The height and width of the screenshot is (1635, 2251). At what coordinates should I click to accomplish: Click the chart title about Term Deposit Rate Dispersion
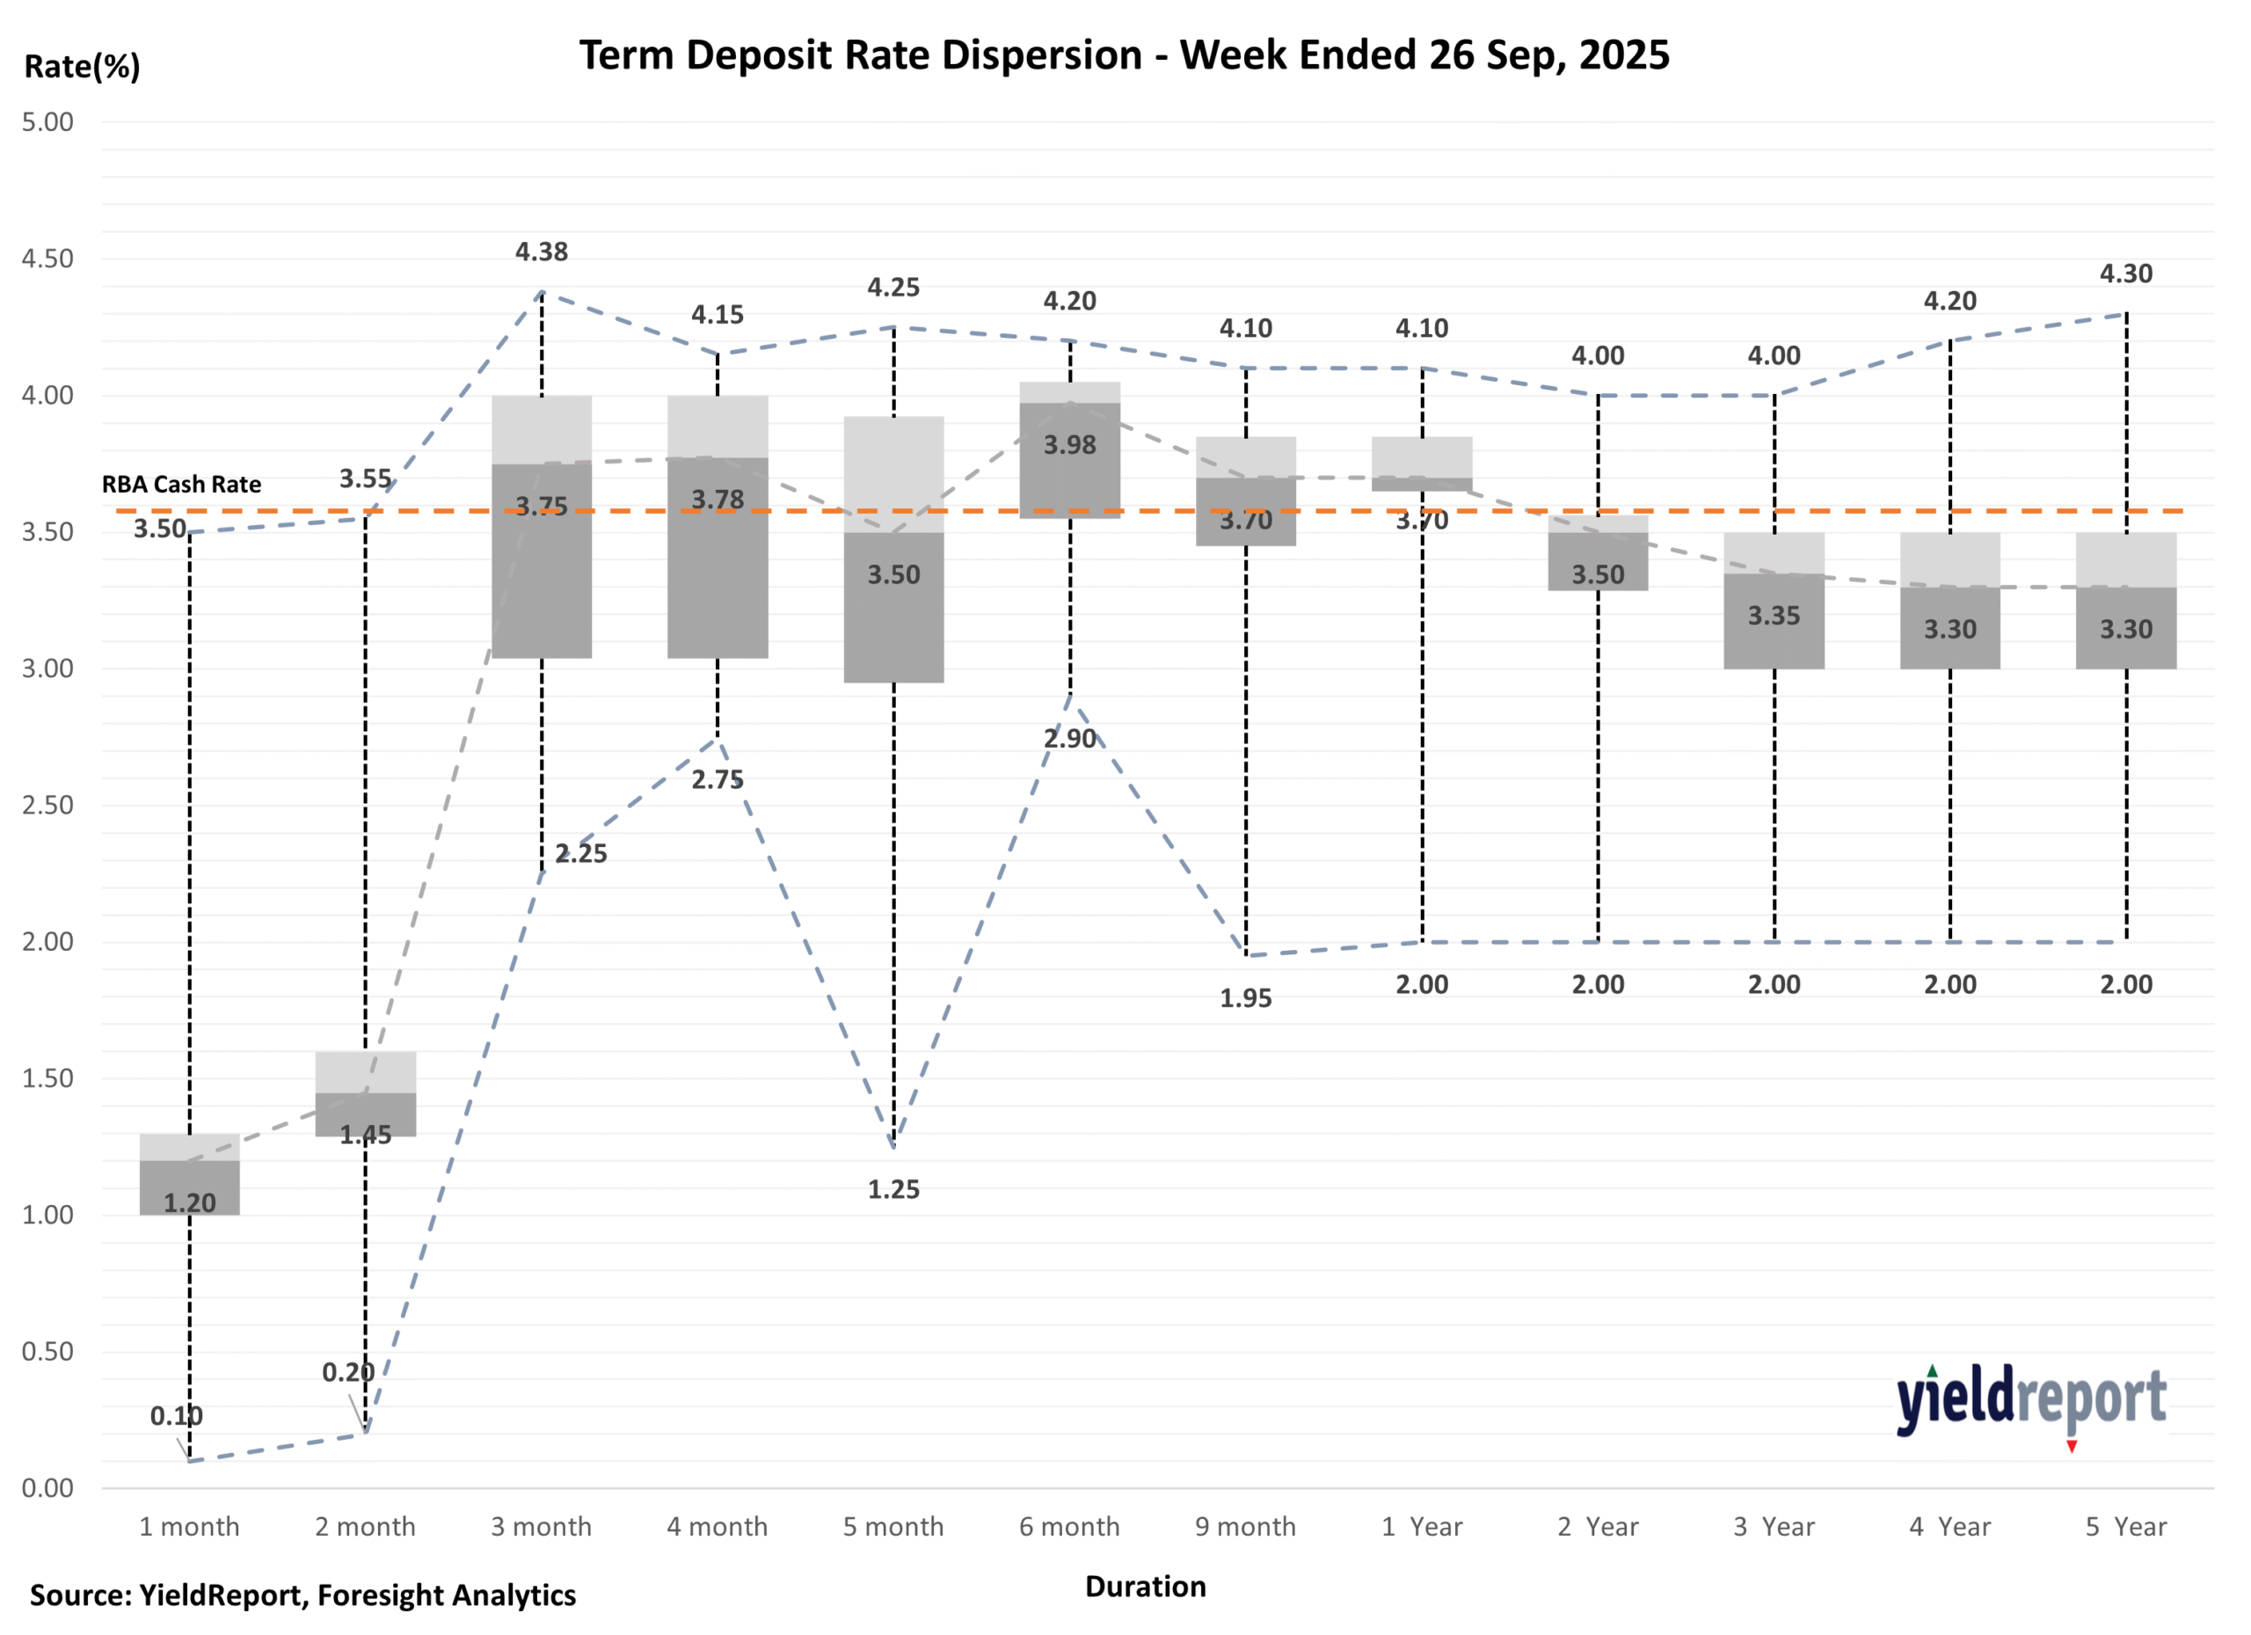[1124, 55]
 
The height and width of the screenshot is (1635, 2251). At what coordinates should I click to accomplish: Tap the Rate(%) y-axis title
[83, 67]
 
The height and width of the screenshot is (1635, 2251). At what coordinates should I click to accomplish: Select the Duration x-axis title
[1146, 1587]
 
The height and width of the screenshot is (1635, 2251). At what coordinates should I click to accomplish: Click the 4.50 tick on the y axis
[47, 259]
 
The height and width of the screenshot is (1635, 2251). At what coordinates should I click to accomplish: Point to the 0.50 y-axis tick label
[47, 1351]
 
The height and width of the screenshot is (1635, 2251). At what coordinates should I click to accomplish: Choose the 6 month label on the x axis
[1069, 1527]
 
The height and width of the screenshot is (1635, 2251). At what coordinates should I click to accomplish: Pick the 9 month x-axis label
[1246, 1527]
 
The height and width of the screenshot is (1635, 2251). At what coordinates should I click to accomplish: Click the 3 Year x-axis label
[1774, 1527]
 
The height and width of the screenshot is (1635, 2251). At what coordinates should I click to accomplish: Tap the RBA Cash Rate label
[182, 485]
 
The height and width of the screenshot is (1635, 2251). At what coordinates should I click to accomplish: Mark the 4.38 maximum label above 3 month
[542, 252]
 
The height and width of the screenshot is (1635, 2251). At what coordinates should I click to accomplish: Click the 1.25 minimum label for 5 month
[893, 1189]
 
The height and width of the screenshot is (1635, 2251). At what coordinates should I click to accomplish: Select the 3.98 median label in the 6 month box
[1070, 446]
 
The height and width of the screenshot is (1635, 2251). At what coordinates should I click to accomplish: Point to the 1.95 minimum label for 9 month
[1246, 998]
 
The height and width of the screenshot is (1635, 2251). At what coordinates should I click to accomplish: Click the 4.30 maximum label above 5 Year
[2126, 274]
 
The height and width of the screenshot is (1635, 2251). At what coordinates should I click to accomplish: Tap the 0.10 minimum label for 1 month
[176, 1417]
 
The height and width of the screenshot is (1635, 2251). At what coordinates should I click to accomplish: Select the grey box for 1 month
[190, 1174]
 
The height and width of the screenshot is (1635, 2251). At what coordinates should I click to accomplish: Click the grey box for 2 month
[365, 1094]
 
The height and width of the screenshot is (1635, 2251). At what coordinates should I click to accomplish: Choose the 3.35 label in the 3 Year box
[1774, 617]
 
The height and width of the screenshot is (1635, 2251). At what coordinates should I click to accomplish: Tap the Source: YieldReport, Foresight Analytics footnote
[302, 1595]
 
